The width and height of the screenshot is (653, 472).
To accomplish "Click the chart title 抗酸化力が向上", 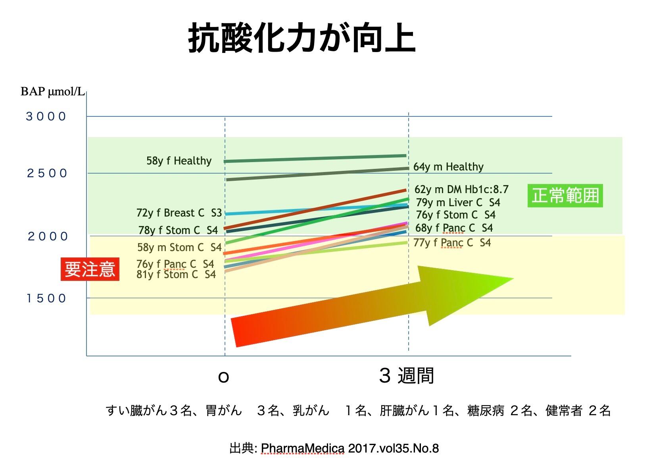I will tap(302, 38).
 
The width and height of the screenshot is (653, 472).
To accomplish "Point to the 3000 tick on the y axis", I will tap(46, 116).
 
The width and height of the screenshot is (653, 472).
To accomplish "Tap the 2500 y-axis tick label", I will tap(47, 173).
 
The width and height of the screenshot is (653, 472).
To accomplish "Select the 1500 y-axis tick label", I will tap(46, 298).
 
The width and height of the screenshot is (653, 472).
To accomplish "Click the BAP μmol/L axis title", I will tap(52, 92).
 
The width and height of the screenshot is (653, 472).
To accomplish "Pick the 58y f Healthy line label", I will tap(179, 161).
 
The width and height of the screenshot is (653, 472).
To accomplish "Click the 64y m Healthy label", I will tap(448, 167).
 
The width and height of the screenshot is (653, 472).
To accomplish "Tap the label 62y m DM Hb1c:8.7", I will tap(461, 190).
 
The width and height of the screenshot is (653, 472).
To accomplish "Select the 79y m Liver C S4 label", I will tap(458, 203).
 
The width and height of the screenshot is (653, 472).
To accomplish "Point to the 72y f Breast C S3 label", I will tap(179, 213).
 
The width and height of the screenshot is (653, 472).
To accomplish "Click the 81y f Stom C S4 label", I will tap(176, 275).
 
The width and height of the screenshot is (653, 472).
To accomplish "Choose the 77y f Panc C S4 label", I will tap(452, 243).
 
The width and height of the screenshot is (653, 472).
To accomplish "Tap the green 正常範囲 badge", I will tap(565, 195).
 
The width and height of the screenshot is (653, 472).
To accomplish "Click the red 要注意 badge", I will tap(90, 269).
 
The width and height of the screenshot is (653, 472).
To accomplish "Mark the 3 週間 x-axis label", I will tap(406, 375).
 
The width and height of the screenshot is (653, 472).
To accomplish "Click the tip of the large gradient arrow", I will tap(513, 279).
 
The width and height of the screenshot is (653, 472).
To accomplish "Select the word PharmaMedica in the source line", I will tap(303, 449).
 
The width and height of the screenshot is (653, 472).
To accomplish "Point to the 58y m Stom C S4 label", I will tap(179, 248).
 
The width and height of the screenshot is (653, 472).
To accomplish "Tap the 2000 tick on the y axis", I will tap(48, 236).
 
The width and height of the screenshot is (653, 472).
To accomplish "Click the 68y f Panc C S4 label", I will tap(454, 228).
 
